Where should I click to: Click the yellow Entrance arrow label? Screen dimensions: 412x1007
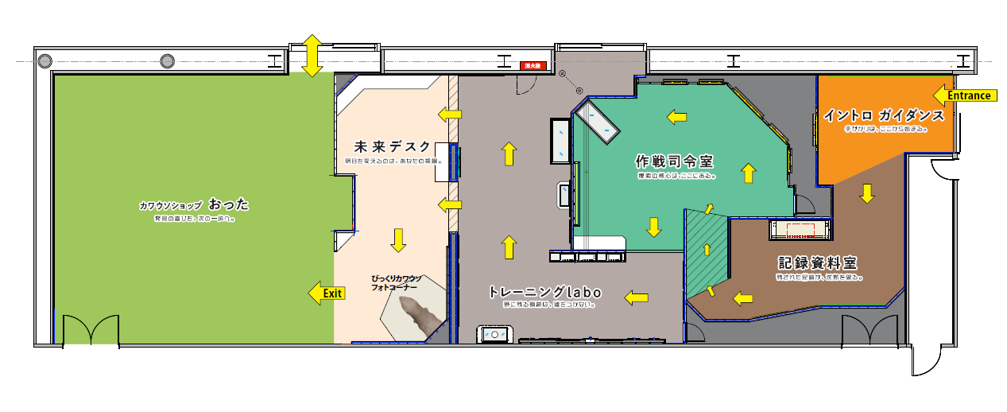point(964,95)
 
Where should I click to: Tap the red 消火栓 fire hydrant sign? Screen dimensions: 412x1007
point(531,66)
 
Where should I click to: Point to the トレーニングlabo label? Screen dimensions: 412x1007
point(544,292)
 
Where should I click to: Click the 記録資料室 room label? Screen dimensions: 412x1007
point(819,262)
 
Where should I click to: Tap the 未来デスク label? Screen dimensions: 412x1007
point(393,147)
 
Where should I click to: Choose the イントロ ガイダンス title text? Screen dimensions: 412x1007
point(884,115)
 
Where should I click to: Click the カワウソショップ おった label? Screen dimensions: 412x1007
point(194,204)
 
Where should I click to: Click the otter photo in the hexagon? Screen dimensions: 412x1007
point(416,316)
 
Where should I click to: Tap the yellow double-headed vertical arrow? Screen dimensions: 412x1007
point(312,55)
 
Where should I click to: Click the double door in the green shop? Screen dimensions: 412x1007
point(90,330)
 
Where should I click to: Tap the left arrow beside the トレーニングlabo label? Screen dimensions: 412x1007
point(635,297)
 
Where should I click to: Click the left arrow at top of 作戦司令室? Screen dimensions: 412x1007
point(676,118)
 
